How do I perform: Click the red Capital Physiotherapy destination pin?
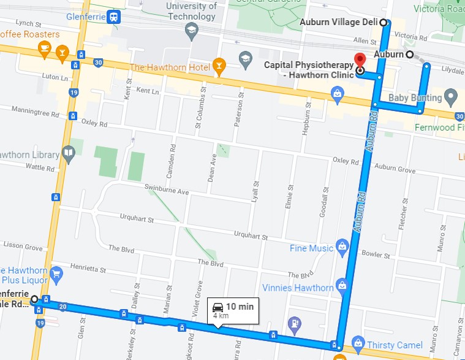pos(360,60)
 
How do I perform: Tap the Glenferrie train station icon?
pos(113,17)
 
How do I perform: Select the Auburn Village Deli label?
pos(339,23)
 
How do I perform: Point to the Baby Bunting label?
pos(415,98)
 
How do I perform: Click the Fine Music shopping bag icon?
pos(342,248)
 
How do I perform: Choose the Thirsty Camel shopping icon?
pos(358,345)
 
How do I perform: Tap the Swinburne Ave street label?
pos(166,190)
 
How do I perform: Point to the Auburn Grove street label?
pos(395,167)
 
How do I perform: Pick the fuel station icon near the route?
pos(295,322)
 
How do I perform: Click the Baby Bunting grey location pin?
pos(452,96)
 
